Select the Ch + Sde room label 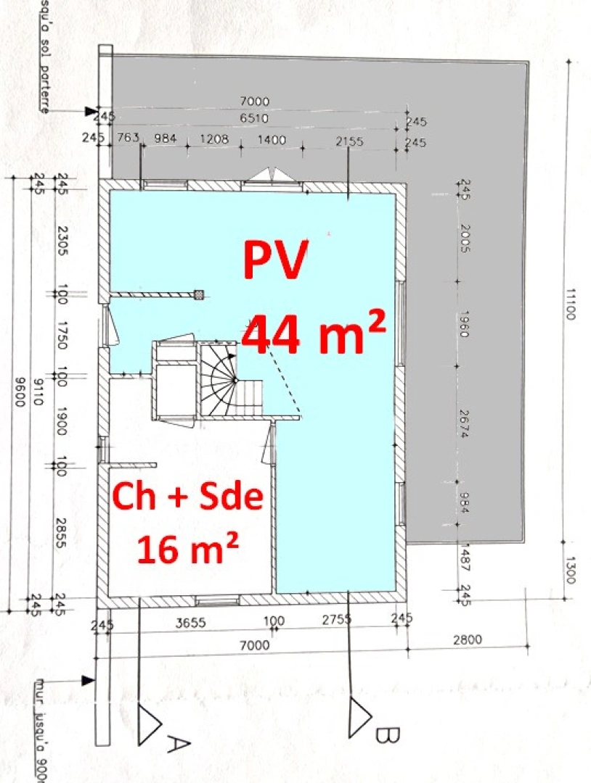(187, 499)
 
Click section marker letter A (178, 744)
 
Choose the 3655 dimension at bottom (191, 621)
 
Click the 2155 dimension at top (349, 141)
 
